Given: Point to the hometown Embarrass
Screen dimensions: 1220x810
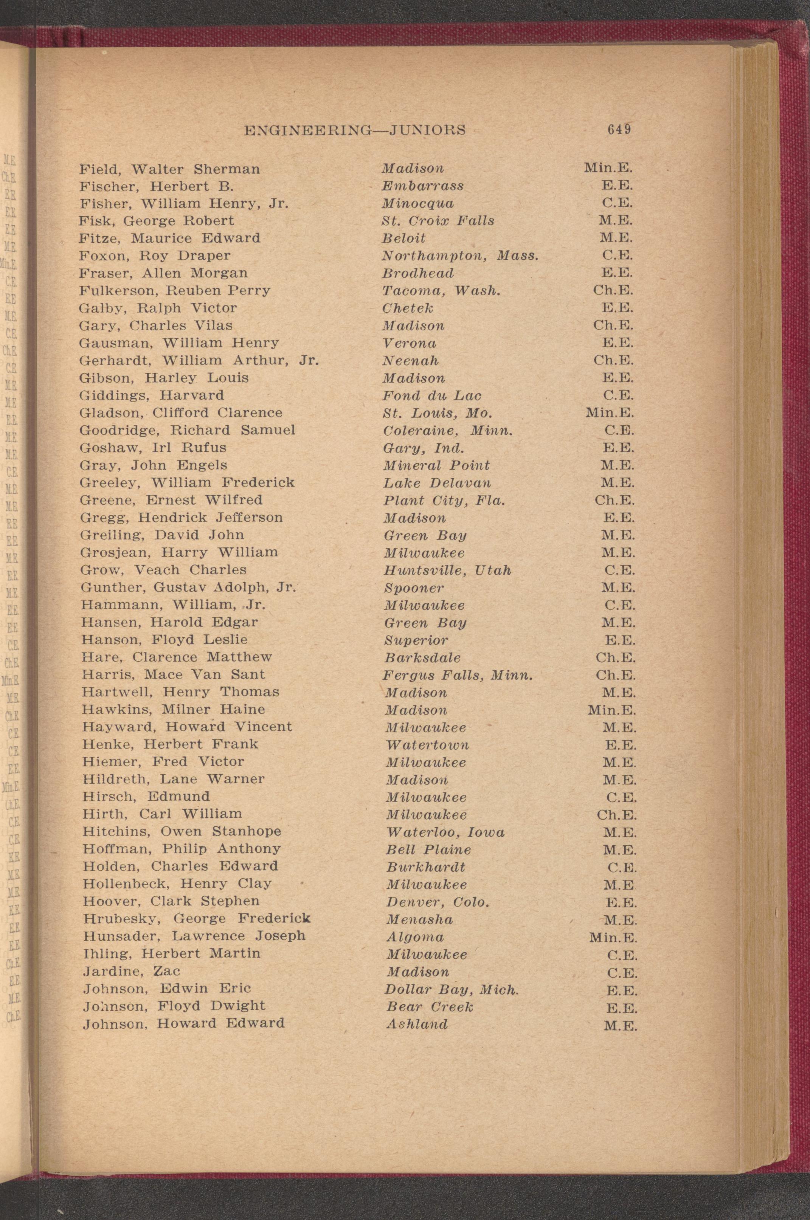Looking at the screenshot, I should [422, 186].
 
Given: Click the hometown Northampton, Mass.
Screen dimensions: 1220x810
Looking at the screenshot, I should [460, 256].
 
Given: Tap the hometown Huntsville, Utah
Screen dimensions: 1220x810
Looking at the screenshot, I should [447, 570].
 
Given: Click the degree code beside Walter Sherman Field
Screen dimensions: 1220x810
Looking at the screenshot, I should [608, 168].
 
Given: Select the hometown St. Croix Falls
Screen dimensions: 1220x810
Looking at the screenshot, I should [438, 221].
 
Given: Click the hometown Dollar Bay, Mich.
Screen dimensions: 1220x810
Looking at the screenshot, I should [452, 990].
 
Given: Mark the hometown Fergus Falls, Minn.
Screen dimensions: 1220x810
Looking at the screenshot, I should [458, 675].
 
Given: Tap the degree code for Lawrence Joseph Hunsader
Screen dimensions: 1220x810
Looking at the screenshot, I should [613, 937].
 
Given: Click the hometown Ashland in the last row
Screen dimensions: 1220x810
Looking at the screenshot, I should [417, 1024].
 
